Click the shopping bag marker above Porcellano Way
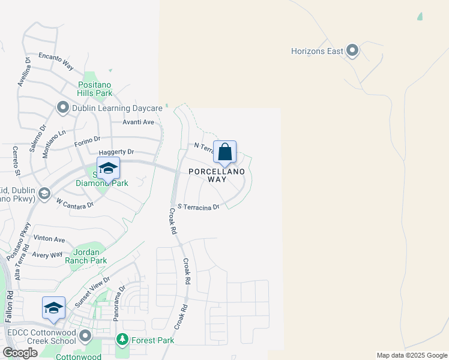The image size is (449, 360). [224, 152]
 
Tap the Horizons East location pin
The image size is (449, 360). [352, 51]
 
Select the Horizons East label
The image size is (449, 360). [317, 51]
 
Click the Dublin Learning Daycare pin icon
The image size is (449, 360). [63, 108]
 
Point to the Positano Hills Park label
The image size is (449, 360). [95, 89]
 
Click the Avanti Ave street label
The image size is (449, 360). [139, 122]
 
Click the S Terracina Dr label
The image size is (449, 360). [199, 207]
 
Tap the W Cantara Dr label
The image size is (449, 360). [74, 203]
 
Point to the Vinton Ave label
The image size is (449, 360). [49, 239]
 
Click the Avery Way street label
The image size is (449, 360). [47, 255]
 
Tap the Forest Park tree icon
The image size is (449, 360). [122, 340]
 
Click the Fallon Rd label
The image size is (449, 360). [10, 308]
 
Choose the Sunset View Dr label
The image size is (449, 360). [92, 292]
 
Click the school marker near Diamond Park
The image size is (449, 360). [108, 169]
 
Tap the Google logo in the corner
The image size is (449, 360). [20, 353]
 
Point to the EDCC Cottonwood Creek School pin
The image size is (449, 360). [85, 335]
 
